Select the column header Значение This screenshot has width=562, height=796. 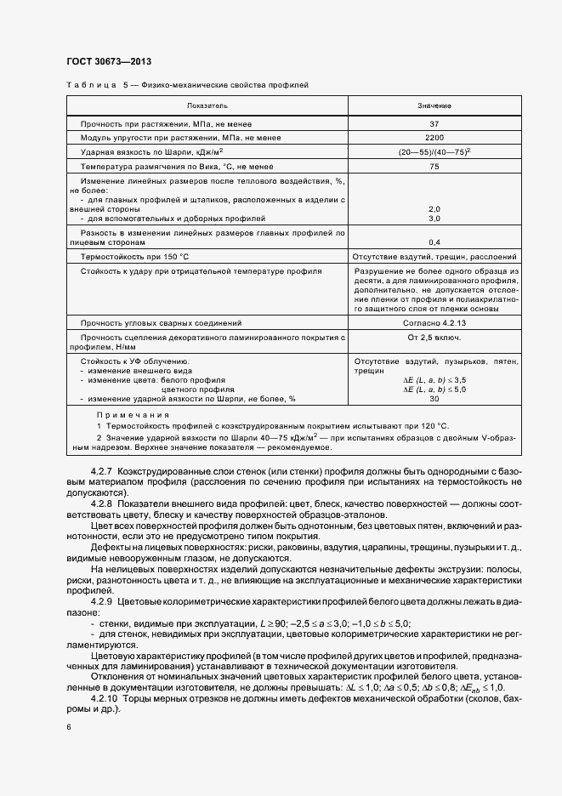[x=434, y=105]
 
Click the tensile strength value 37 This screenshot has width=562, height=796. [x=434, y=123]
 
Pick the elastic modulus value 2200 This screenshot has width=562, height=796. [x=434, y=137]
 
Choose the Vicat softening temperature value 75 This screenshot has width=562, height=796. [x=434, y=167]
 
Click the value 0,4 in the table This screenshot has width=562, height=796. [x=434, y=242]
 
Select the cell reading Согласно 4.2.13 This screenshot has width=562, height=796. [x=434, y=323]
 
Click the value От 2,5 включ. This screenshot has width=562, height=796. [x=434, y=338]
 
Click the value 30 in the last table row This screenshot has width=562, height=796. [x=434, y=398]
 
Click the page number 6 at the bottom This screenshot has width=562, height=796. [x=68, y=728]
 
